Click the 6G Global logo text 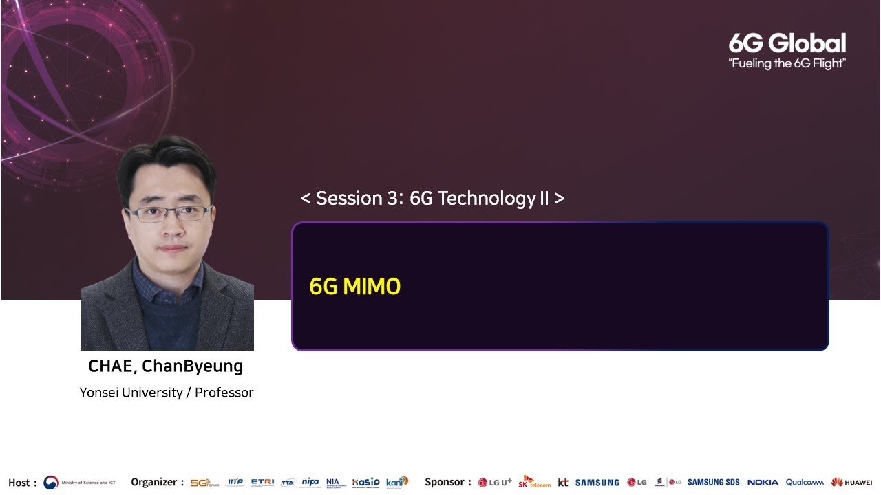787,43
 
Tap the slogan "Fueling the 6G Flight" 787,64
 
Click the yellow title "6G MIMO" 354,287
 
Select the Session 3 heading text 432,199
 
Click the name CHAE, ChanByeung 165,366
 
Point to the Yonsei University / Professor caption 167,393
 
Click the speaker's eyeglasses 169,213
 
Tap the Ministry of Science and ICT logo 79,483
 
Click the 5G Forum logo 204,483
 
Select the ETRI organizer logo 262,483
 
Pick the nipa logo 310,483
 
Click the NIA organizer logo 332,483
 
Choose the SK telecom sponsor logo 534,482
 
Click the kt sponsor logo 563,483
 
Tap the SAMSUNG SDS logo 713,483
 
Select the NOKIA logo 763,483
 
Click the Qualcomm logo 805,483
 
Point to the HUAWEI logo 851,483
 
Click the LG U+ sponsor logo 495,483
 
